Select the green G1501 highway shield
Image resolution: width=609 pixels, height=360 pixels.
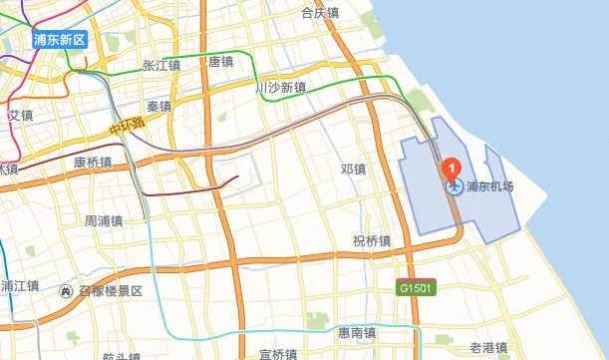tap(415, 287)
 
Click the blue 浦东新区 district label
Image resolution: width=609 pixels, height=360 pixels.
tap(60, 40)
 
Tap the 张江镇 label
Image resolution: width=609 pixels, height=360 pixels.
tap(160, 66)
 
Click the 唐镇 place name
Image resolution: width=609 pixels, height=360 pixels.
tap(220, 62)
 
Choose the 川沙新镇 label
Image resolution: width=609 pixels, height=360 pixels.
tap(280, 89)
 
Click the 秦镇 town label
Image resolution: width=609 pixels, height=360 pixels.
tap(158, 106)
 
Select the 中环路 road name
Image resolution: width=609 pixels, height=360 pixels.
tap(128, 127)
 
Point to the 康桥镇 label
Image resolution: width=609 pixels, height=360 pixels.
tap(93, 162)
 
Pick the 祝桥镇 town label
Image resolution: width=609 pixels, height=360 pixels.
tap(371, 240)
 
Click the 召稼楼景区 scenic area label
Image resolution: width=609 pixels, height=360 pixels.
tap(112, 291)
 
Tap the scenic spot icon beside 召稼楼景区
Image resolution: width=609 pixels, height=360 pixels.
tap(66, 291)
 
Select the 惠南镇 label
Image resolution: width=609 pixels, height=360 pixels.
tap(356, 332)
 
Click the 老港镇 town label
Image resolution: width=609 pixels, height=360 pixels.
tap(489, 347)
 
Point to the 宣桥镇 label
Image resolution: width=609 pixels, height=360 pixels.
tap(278, 353)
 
